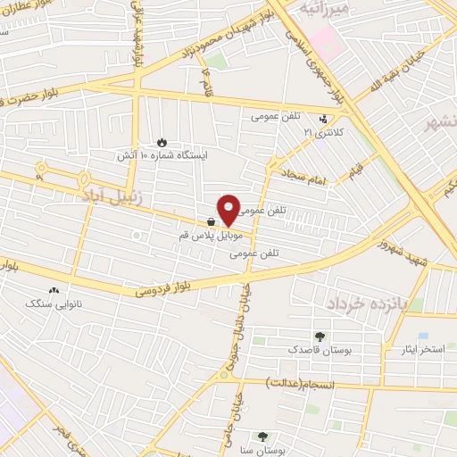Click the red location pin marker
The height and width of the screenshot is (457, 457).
tap(228, 209)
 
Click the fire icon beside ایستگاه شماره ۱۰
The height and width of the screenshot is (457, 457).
tap(162, 141)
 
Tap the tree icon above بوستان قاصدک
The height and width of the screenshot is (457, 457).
tap(319, 336)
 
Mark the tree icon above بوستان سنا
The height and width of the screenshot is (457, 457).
tap(262, 436)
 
